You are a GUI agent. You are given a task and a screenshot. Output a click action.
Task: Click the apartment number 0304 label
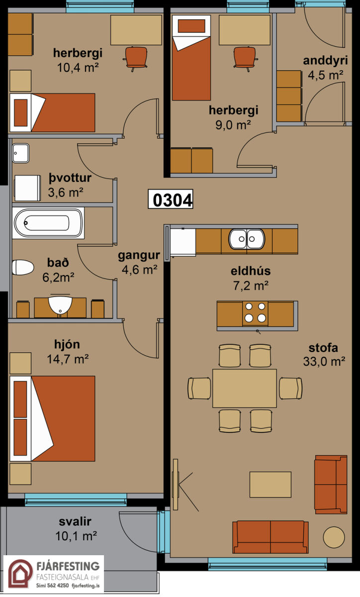coord(171,199)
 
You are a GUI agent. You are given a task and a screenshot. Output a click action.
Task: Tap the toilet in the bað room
coord(23,267)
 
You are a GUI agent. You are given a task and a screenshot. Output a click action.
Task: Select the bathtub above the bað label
coord(48,223)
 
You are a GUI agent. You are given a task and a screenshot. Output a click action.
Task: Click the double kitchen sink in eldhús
coord(247,239)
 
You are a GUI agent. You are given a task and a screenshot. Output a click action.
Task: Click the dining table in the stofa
coord(244,389)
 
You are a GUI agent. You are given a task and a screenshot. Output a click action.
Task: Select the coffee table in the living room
coord(270,484)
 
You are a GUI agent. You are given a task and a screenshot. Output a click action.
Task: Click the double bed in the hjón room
coord(53,419)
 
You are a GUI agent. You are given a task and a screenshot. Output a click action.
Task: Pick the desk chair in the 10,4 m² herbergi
coord(136,58)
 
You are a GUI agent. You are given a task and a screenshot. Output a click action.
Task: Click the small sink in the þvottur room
coord(20,153)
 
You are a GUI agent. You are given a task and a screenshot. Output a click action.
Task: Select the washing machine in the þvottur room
coord(27,188)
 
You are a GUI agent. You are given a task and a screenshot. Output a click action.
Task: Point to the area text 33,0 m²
coord(324,362)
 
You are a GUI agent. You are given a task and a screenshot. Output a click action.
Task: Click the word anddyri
coord(325,61)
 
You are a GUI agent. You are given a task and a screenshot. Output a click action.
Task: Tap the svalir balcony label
coord(75,521)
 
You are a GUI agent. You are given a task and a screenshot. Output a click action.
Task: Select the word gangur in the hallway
coord(139,256)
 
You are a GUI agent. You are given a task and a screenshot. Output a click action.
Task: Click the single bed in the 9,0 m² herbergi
coord(191,58)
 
